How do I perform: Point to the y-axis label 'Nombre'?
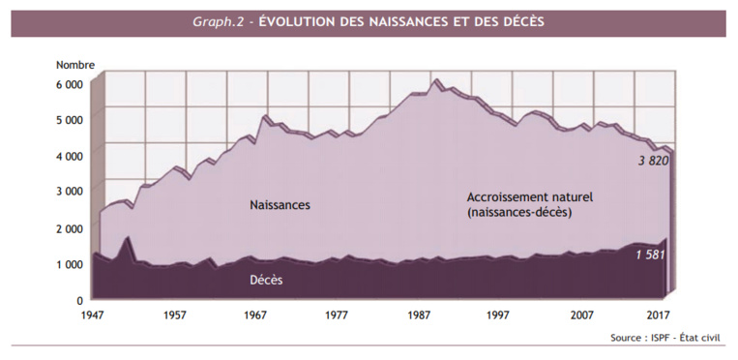74,65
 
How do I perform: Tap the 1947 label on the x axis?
94,315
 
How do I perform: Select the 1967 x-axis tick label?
256,315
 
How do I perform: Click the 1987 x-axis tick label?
419,315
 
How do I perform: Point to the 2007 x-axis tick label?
581,315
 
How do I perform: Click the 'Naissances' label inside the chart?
280,205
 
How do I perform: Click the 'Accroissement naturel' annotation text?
528,197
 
